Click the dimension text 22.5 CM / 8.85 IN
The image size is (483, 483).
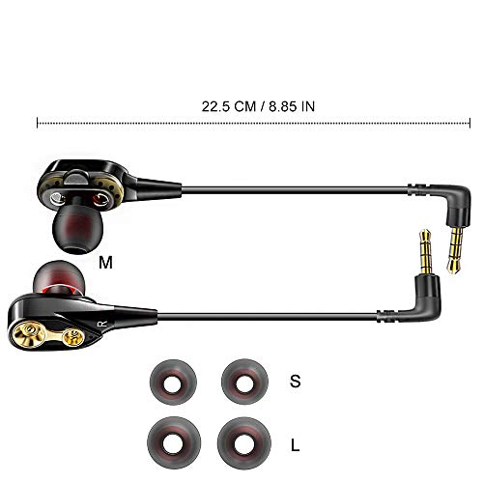pos(258,106)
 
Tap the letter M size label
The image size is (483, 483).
pos(105,263)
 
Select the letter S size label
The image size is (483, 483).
pos(295,381)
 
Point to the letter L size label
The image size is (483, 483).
pos(295,445)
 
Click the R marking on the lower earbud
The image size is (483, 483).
pos(103,324)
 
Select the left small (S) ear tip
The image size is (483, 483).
pos(173,383)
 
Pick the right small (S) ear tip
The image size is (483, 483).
pos(244,383)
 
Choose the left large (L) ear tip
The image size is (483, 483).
pos(174,443)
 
